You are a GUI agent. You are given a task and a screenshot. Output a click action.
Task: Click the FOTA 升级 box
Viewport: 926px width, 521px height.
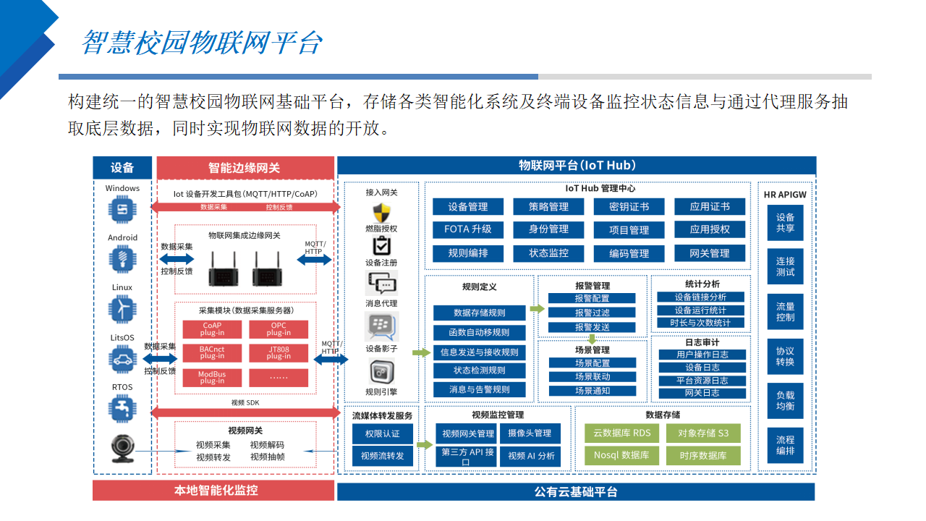(467, 229)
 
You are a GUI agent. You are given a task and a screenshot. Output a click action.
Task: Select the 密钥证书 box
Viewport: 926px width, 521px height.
(629, 207)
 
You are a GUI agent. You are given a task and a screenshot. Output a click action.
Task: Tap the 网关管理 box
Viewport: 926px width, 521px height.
(710, 253)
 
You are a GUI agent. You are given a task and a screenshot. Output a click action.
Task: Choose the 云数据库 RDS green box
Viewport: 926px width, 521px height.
(621, 433)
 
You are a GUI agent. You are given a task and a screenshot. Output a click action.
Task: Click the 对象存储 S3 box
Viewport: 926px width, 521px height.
(703, 433)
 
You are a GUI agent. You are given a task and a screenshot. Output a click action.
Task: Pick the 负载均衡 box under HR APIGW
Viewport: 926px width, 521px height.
(785, 401)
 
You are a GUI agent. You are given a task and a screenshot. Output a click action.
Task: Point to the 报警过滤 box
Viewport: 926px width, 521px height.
(592, 313)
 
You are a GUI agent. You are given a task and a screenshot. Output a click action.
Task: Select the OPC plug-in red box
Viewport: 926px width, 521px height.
(279, 329)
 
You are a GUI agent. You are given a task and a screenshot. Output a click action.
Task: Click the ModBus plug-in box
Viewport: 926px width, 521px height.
(212, 378)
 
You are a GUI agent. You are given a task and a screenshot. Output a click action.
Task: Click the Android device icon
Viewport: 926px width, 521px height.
(122, 258)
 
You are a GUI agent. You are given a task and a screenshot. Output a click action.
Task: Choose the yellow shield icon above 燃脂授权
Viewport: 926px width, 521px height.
(381, 213)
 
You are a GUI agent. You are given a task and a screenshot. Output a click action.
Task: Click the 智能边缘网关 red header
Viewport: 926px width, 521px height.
(245, 168)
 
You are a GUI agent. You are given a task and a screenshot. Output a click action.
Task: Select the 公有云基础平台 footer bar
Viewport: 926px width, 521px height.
(576, 492)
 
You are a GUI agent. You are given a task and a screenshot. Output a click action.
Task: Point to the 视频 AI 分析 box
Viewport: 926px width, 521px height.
(531, 456)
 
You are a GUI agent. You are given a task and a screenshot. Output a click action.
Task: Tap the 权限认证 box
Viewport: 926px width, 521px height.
(382, 433)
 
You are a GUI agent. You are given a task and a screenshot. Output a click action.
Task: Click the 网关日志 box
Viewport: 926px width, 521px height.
(702, 393)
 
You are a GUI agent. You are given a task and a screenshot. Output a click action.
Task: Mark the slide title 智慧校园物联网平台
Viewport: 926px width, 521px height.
(201, 43)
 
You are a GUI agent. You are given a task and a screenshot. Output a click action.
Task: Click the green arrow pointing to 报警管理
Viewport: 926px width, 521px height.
(537, 309)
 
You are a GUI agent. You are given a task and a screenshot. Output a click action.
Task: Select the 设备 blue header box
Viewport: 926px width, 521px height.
(122, 168)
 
